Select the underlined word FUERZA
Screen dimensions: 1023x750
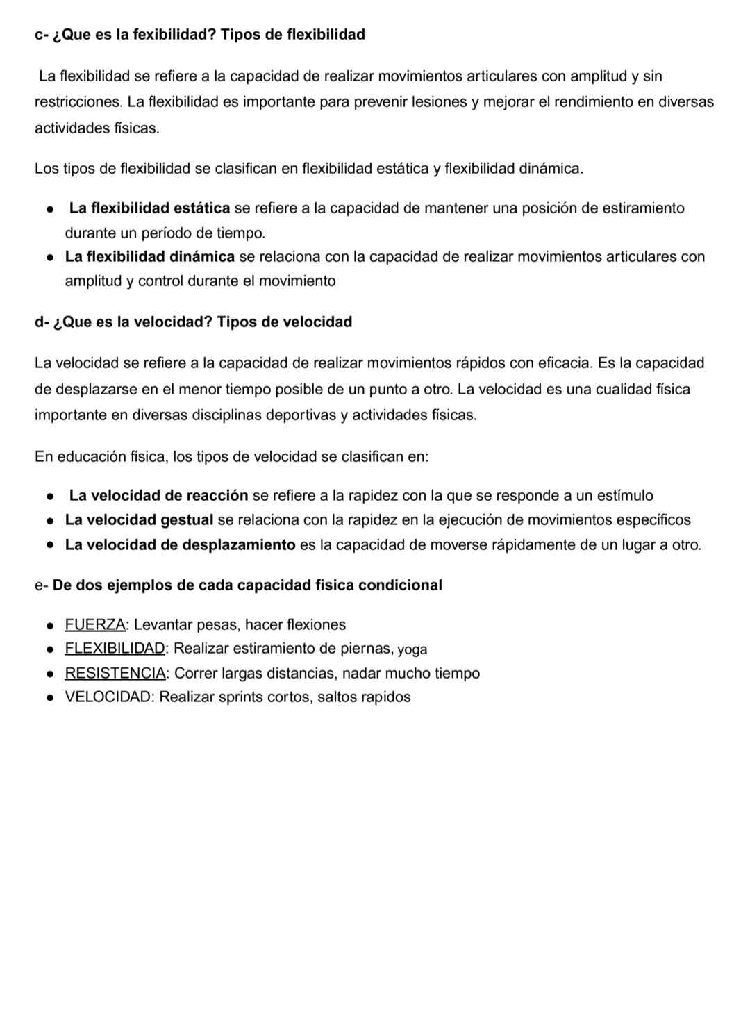[x=95, y=624]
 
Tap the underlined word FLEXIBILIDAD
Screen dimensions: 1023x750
[x=115, y=649]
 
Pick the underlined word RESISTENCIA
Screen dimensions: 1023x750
[x=115, y=673]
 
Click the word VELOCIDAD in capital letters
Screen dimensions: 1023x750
[x=108, y=697]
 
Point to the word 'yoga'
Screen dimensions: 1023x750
[x=412, y=649]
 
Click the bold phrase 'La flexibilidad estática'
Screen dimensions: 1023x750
[x=149, y=208]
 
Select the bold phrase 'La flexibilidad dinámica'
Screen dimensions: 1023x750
[x=150, y=257]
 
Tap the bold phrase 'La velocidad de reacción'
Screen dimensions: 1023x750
[x=158, y=496]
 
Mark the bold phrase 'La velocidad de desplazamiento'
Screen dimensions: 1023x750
[x=181, y=544]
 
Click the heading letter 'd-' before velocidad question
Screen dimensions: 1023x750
[x=42, y=322]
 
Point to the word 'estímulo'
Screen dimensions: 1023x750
[x=625, y=496]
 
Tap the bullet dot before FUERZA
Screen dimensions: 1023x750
[x=51, y=626]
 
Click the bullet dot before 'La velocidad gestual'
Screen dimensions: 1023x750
[x=51, y=521]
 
